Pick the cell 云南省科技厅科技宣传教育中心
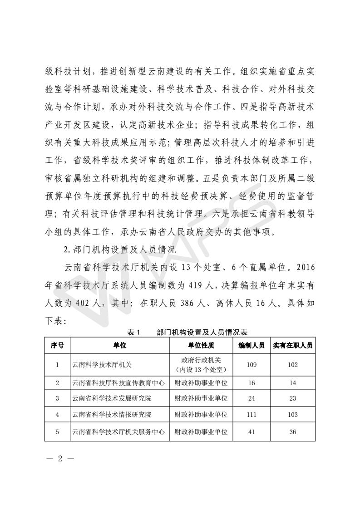[x=118, y=383]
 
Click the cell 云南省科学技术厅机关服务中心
[x=118, y=432]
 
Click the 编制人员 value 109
[x=252, y=365]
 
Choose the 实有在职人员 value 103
[x=292, y=415]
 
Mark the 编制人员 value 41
[x=252, y=432]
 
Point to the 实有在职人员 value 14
[x=292, y=383]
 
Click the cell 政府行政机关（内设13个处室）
[x=201, y=365]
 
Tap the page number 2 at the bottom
[x=59, y=458]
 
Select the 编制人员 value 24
[x=252, y=399]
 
